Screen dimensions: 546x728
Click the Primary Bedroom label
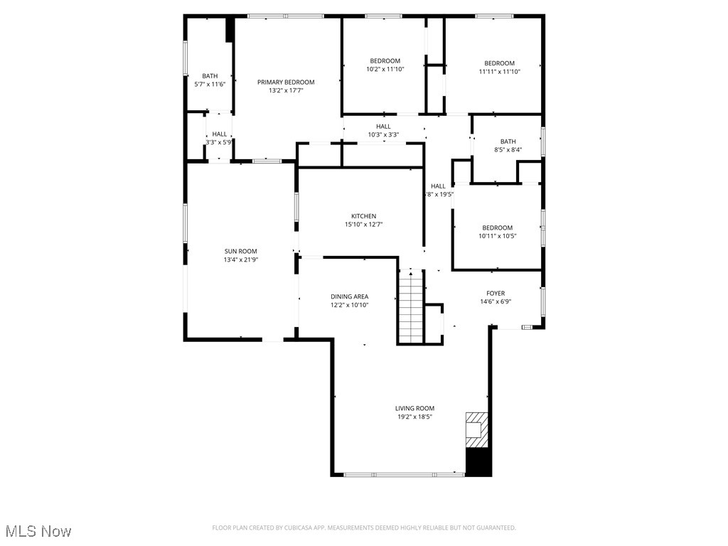click(286, 82)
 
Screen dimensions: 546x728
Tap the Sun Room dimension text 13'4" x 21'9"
click(241, 260)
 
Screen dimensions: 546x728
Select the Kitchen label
click(363, 216)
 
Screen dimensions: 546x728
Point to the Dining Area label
click(349, 296)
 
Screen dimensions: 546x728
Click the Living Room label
click(414, 408)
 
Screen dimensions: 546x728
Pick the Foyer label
click(496, 293)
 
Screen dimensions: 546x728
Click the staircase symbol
click(411, 308)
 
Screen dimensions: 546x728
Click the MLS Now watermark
click(38, 531)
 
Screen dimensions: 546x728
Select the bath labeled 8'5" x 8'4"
click(508, 145)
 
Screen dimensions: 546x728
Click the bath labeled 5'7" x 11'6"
click(210, 80)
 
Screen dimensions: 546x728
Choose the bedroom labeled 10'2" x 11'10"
click(385, 65)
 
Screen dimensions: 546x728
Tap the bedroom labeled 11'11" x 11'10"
click(499, 67)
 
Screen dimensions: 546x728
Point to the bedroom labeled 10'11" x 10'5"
click(496, 232)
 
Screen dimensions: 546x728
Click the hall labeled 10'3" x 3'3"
click(383, 130)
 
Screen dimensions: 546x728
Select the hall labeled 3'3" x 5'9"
click(220, 137)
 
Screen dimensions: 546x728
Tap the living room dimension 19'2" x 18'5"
click(414, 417)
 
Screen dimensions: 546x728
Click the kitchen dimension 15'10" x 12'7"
click(363, 225)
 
